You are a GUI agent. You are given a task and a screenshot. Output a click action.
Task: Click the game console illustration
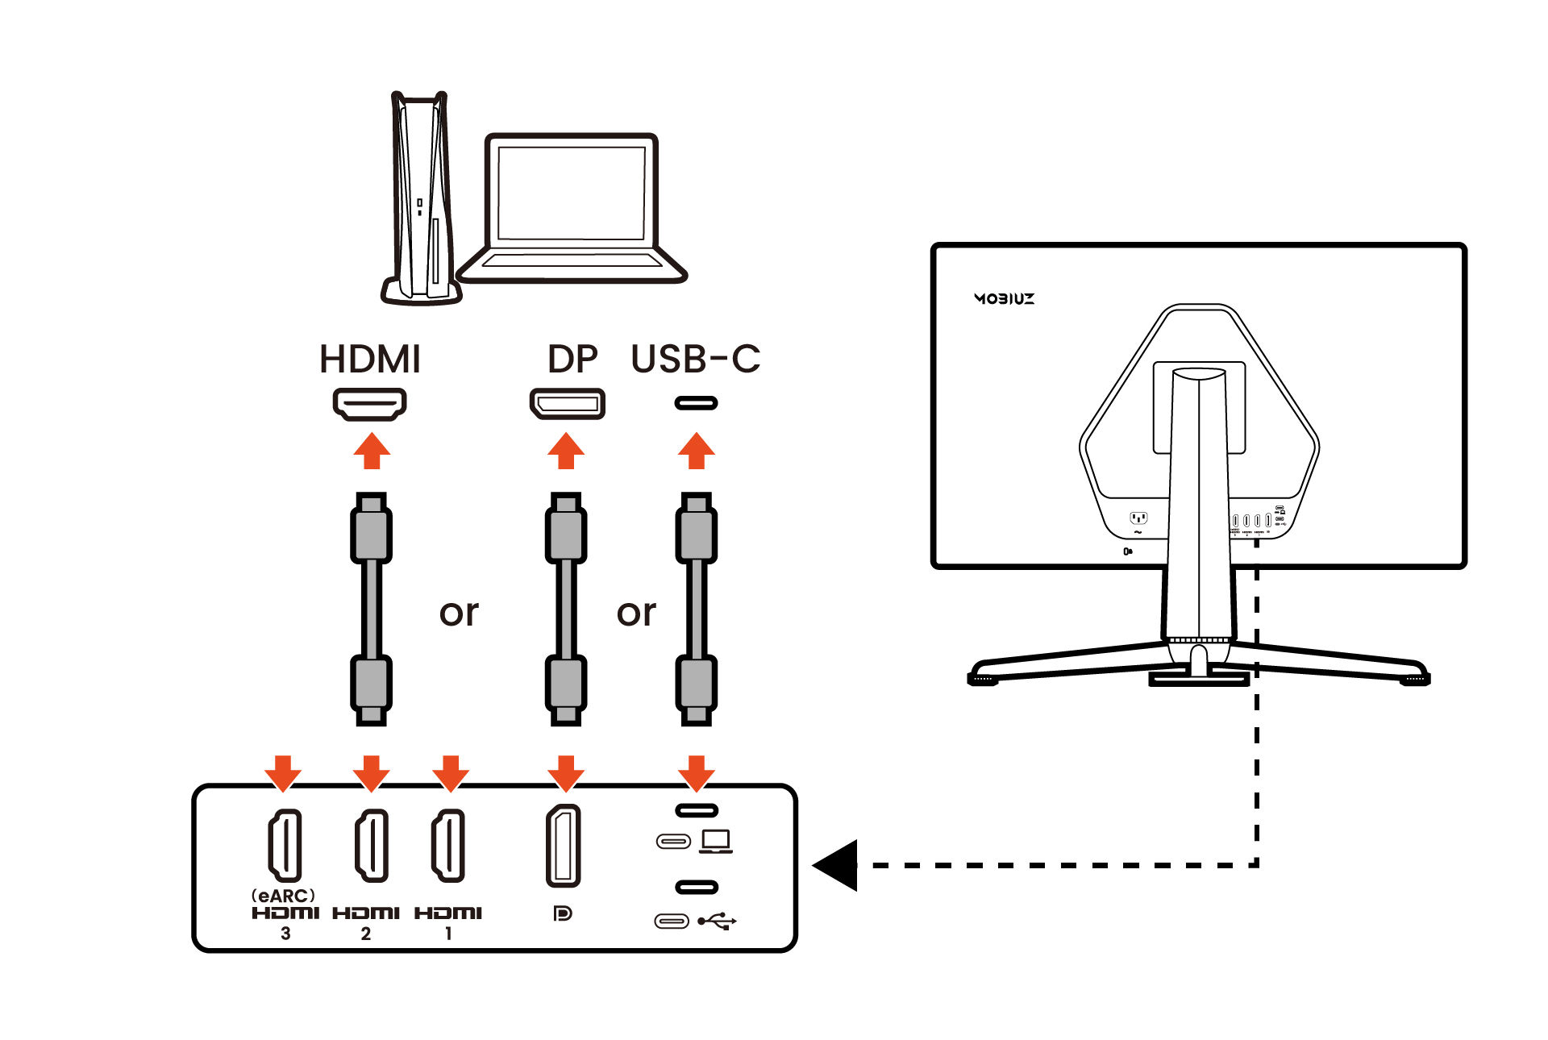tap(419, 198)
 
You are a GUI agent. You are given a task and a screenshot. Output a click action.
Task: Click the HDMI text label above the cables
tap(370, 360)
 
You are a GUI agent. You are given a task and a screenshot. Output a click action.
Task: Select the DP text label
tap(572, 360)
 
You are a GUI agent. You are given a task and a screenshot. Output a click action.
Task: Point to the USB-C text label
tap(695, 360)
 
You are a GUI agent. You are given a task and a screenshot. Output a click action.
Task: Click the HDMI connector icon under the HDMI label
tap(370, 403)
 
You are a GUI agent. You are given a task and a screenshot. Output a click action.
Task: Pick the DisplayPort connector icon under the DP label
tap(567, 403)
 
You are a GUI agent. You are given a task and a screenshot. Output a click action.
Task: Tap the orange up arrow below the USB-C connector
tap(696, 451)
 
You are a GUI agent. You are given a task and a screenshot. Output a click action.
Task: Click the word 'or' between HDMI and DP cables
tap(459, 613)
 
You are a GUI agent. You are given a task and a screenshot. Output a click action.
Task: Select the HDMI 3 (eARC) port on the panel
tap(285, 845)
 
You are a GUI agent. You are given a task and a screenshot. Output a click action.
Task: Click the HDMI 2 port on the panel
tap(371, 845)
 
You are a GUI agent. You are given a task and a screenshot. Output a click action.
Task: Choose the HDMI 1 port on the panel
tap(448, 845)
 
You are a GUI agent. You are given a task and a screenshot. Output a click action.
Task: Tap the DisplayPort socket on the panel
tap(564, 845)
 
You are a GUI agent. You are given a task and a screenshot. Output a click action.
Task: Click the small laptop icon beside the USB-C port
tap(716, 841)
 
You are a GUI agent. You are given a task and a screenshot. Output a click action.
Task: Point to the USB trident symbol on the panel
tap(717, 921)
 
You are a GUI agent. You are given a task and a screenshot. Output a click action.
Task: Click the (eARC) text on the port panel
tap(283, 896)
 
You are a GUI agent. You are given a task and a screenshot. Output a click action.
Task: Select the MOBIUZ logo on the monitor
tap(1004, 298)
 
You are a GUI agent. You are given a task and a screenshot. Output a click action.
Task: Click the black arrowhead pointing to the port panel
tap(836, 865)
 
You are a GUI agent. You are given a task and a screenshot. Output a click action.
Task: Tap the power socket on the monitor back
tap(1138, 518)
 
